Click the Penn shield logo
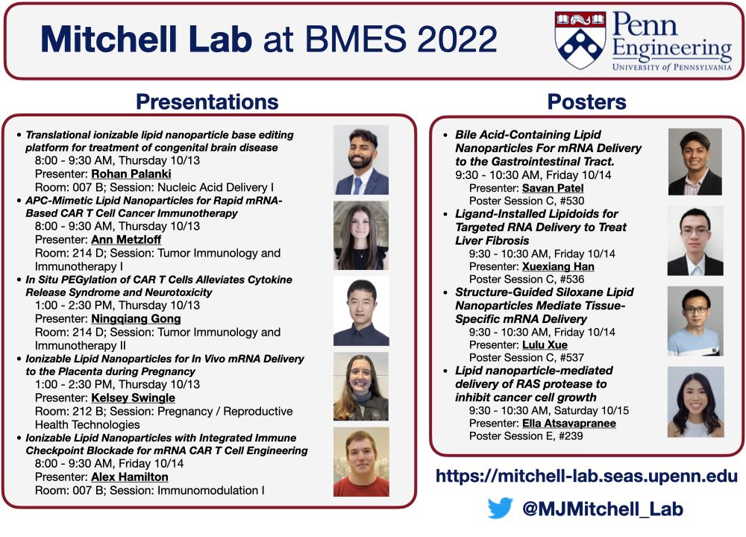coord(580,40)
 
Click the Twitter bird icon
coord(500,509)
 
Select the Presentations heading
coord(207,101)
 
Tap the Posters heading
coord(586,101)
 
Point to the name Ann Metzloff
coord(126,239)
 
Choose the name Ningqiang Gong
coord(136,318)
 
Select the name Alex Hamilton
coord(129,477)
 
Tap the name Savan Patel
coord(553,188)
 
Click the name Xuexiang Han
coord(557,266)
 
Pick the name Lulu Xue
coord(545,345)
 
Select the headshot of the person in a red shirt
coord(361,462)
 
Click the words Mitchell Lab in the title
coord(146,39)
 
